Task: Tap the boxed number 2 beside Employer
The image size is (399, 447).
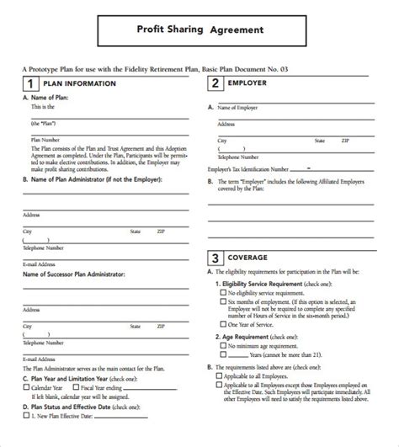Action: [x=216, y=83]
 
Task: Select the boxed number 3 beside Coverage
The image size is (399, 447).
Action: [x=216, y=258]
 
